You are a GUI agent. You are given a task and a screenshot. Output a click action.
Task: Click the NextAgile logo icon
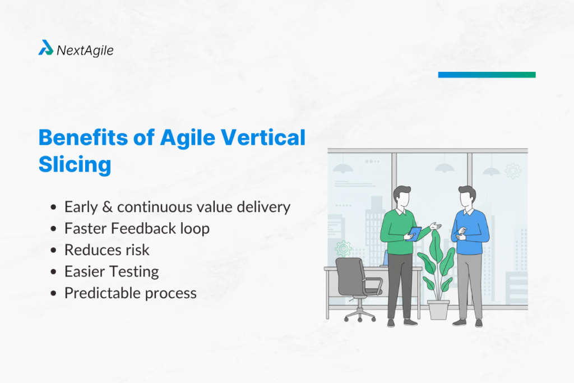(46, 49)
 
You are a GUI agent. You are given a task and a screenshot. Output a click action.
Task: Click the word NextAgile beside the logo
(85, 50)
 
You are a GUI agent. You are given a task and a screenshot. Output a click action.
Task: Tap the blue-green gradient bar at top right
(487, 75)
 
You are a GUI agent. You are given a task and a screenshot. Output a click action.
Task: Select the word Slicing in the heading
(75, 165)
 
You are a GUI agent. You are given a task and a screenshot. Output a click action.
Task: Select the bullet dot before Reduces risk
(53, 251)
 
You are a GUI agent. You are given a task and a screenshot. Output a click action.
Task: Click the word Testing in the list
(134, 272)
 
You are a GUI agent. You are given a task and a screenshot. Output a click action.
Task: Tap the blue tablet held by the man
(415, 232)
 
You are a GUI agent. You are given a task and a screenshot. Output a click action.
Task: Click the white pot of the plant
(438, 309)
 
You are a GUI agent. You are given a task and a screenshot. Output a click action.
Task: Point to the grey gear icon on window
(512, 170)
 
